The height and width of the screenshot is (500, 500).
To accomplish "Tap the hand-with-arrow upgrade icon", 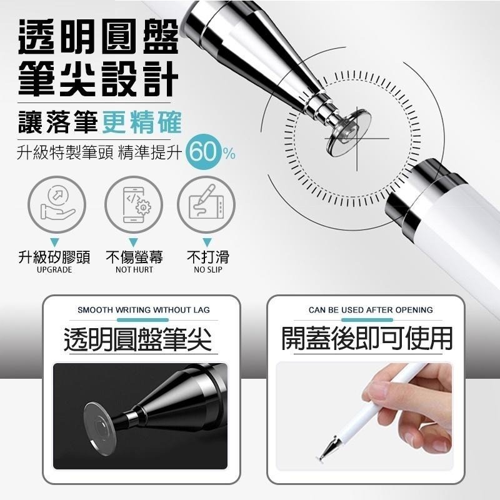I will tap(56, 204).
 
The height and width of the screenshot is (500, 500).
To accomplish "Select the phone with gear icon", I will tap(132, 204).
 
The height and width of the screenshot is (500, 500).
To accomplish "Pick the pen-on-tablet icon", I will tap(206, 204).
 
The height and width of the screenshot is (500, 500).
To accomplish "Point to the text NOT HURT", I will tap(134, 270).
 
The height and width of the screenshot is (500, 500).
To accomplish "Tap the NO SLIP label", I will tap(207, 270).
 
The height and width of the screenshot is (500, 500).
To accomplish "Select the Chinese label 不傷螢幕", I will tap(134, 257).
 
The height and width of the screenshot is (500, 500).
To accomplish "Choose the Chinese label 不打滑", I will tap(207, 257).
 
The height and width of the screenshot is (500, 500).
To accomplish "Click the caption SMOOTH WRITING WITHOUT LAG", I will tap(144, 310).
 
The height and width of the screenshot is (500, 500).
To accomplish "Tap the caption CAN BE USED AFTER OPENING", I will tap(371, 310).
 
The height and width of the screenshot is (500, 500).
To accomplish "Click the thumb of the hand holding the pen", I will tap(382, 392).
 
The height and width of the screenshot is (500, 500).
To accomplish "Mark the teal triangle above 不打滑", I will tap(207, 242).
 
